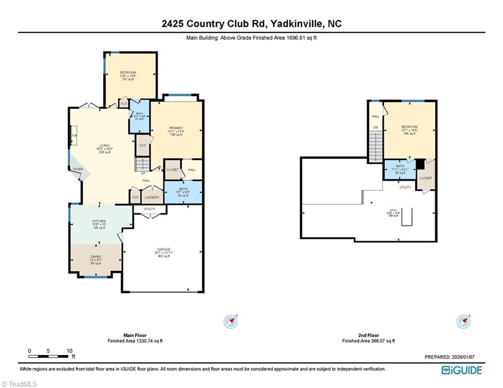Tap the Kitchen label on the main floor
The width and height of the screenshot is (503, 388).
[x=99, y=221]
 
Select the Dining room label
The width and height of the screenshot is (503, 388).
[x=96, y=257]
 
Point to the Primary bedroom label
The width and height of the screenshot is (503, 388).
[x=176, y=128]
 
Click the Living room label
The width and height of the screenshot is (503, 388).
[x=105, y=145]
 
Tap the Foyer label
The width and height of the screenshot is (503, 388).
[x=78, y=169]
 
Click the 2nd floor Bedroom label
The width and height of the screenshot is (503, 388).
[x=409, y=127]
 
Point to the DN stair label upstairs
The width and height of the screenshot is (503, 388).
[x=376, y=128]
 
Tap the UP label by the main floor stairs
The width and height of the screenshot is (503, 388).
[x=143, y=174]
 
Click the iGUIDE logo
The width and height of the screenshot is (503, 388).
[x=462, y=370]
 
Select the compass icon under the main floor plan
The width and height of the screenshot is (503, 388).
[x=231, y=321]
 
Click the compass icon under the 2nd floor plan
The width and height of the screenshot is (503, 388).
[x=464, y=321]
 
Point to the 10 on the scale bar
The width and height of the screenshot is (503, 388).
[x=70, y=351]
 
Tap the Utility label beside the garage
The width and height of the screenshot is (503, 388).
[x=149, y=209]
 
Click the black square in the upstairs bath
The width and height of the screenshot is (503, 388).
[x=420, y=164]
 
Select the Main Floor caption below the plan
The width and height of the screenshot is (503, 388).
[x=135, y=335]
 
